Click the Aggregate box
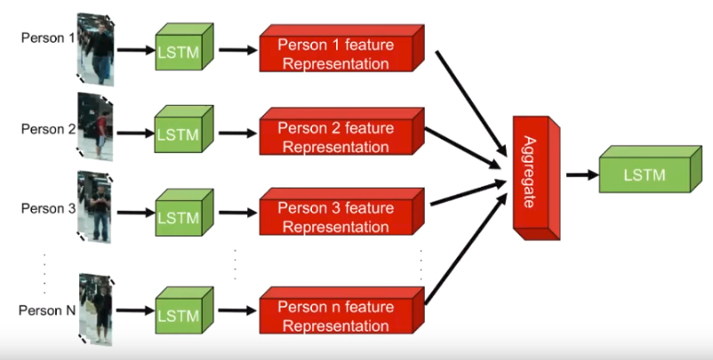(537, 178)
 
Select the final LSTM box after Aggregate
(650, 169)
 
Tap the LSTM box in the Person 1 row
(184, 47)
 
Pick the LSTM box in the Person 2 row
(184, 129)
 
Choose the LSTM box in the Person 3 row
(184, 212)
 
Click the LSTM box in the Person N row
(184, 310)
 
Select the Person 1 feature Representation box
(342, 48)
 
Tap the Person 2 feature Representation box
(342, 132)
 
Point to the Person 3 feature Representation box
(342, 212)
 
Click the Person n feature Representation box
(342, 310)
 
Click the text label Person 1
(48, 37)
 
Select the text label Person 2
(48, 129)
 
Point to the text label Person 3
(48, 209)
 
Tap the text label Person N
(47, 310)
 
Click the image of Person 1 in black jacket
(96, 49)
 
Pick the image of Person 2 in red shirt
(95, 127)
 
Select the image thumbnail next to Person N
(96, 309)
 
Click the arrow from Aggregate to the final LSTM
(582, 174)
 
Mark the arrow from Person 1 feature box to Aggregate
(471, 103)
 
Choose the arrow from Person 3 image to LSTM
(136, 212)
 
